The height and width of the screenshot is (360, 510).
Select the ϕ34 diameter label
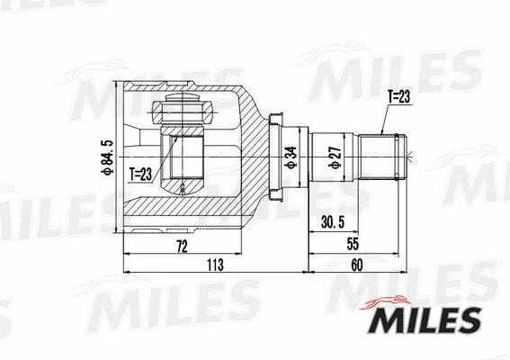(289, 158)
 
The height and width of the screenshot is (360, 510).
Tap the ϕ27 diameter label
(333, 158)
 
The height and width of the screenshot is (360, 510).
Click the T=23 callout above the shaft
(398, 95)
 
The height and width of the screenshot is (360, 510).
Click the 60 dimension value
(356, 265)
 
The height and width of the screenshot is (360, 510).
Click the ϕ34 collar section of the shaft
(298, 158)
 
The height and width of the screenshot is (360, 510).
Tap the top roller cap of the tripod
(183, 114)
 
